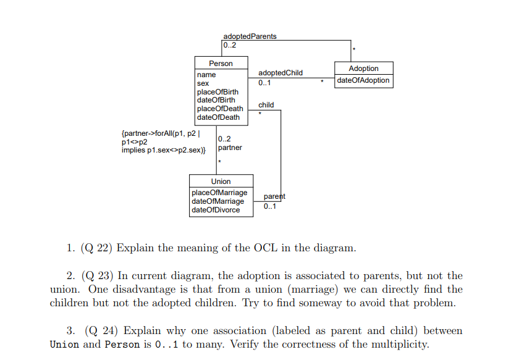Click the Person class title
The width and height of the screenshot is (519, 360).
(x=221, y=64)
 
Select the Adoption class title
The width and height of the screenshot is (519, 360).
(x=363, y=69)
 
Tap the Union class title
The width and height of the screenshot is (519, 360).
(x=221, y=182)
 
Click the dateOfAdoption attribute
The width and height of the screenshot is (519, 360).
(x=363, y=80)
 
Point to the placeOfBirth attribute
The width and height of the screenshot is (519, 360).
(x=217, y=92)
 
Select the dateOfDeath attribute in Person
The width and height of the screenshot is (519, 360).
(x=218, y=117)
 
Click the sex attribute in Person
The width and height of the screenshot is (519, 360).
(x=203, y=83)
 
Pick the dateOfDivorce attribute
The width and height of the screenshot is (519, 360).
(x=216, y=210)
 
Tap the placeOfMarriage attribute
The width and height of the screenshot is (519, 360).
(x=219, y=193)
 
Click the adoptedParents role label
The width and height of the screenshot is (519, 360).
(x=250, y=36)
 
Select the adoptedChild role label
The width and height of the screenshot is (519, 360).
(x=281, y=73)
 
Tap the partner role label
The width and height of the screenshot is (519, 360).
(x=230, y=148)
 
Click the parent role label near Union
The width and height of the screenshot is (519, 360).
(x=274, y=196)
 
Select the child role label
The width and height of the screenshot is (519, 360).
(x=266, y=105)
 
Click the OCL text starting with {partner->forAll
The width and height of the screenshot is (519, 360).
(x=163, y=141)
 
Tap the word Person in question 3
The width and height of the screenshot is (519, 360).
(x=119, y=345)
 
